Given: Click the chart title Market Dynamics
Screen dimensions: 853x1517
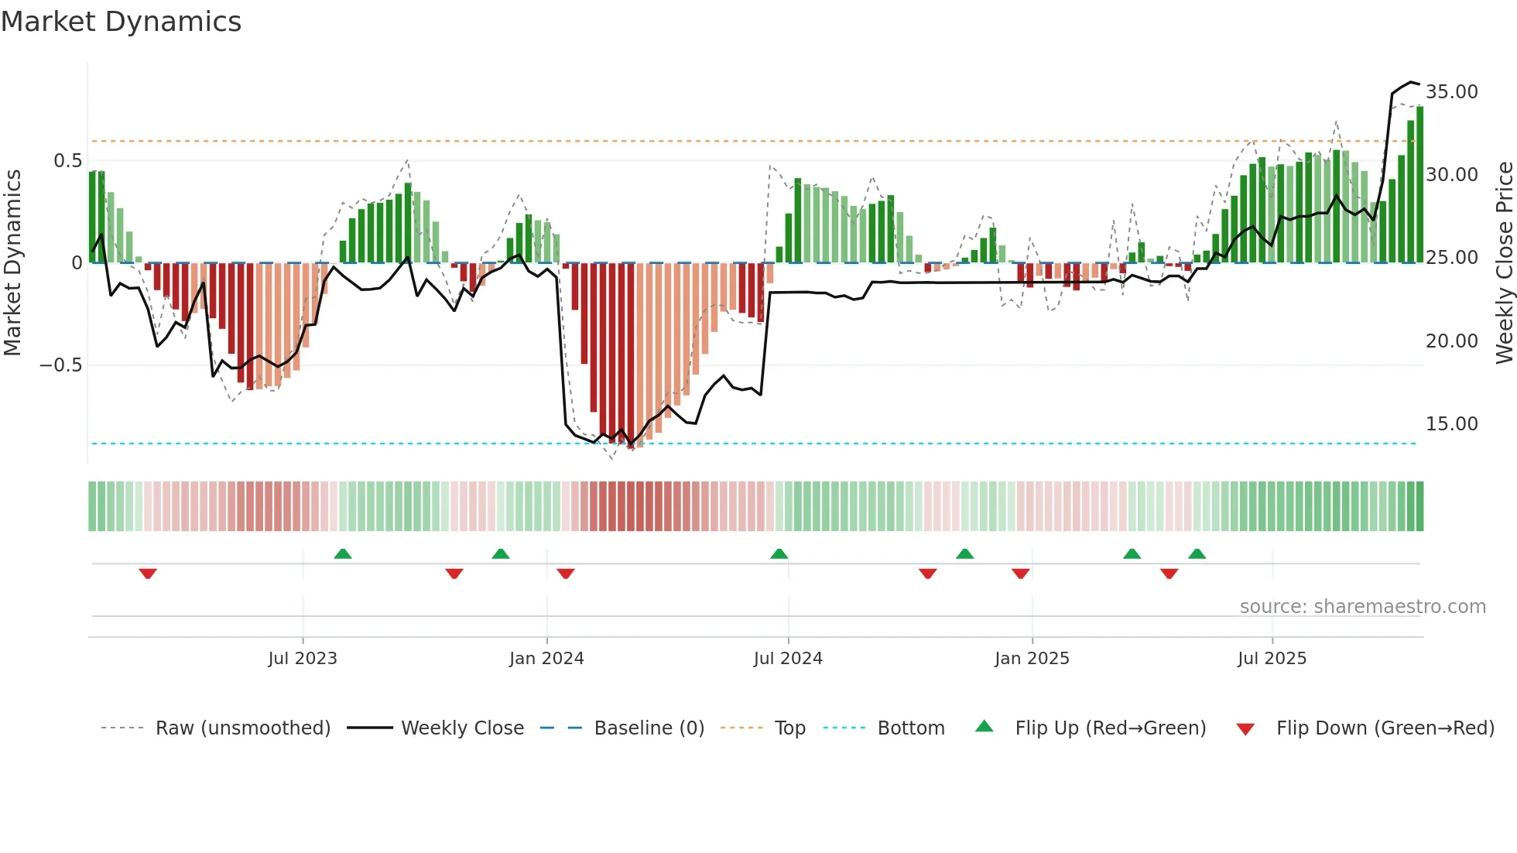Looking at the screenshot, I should pyautogui.click(x=122, y=22).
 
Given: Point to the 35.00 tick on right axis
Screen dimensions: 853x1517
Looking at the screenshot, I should pyautogui.click(x=1451, y=92).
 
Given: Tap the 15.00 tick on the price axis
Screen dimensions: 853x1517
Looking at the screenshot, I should pyautogui.click(x=1451, y=424).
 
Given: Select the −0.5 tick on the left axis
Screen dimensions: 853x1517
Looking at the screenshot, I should pyautogui.click(x=60, y=365).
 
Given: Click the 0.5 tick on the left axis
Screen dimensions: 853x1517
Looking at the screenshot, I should pyautogui.click(x=67, y=161).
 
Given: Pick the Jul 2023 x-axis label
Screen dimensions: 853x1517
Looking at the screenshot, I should pyautogui.click(x=303, y=659).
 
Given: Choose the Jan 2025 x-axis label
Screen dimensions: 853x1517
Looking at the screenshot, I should pyautogui.click(x=1032, y=659).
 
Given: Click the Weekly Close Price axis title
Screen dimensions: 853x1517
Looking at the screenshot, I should pyautogui.click(x=1504, y=263).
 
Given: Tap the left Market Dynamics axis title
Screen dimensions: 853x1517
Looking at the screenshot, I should pyautogui.click(x=12, y=263).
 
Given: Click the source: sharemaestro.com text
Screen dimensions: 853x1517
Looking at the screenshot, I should pyautogui.click(x=1362, y=607).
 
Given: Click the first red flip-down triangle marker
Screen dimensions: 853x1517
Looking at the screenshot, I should pyautogui.click(x=148, y=574).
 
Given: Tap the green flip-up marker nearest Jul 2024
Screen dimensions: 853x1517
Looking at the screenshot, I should pyautogui.click(x=779, y=553).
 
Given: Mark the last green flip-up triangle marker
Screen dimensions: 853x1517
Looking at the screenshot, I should pyautogui.click(x=1197, y=553).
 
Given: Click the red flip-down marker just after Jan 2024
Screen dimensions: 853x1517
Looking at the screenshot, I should pyautogui.click(x=566, y=574).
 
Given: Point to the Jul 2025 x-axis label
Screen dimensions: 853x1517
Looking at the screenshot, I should pyautogui.click(x=1272, y=659).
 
